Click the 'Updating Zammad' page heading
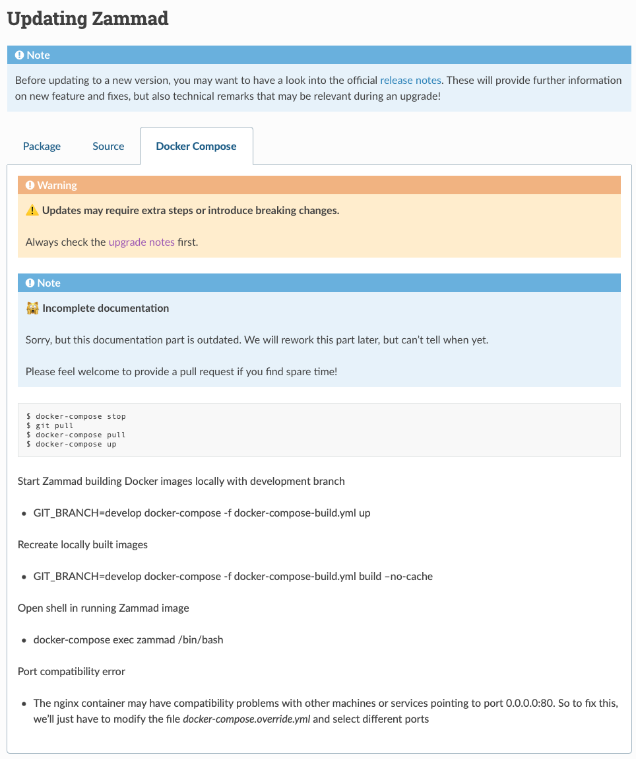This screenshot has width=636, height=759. click(88, 18)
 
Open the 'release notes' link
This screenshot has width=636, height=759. click(410, 80)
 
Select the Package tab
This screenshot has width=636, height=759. click(42, 146)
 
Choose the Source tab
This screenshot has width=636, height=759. click(108, 146)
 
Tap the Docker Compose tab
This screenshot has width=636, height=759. click(196, 146)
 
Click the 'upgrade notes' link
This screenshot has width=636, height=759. click(141, 242)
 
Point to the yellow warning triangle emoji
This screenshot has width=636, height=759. click(32, 211)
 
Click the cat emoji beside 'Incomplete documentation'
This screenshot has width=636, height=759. click(32, 308)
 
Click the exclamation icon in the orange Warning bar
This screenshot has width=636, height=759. click(30, 186)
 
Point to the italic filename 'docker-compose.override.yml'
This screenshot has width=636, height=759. click(246, 719)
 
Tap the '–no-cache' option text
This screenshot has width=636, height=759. click(408, 576)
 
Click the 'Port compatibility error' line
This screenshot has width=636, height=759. click(71, 671)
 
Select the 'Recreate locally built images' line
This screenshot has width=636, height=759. click(82, 544)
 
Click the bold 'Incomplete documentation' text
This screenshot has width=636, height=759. click(106, 308)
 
